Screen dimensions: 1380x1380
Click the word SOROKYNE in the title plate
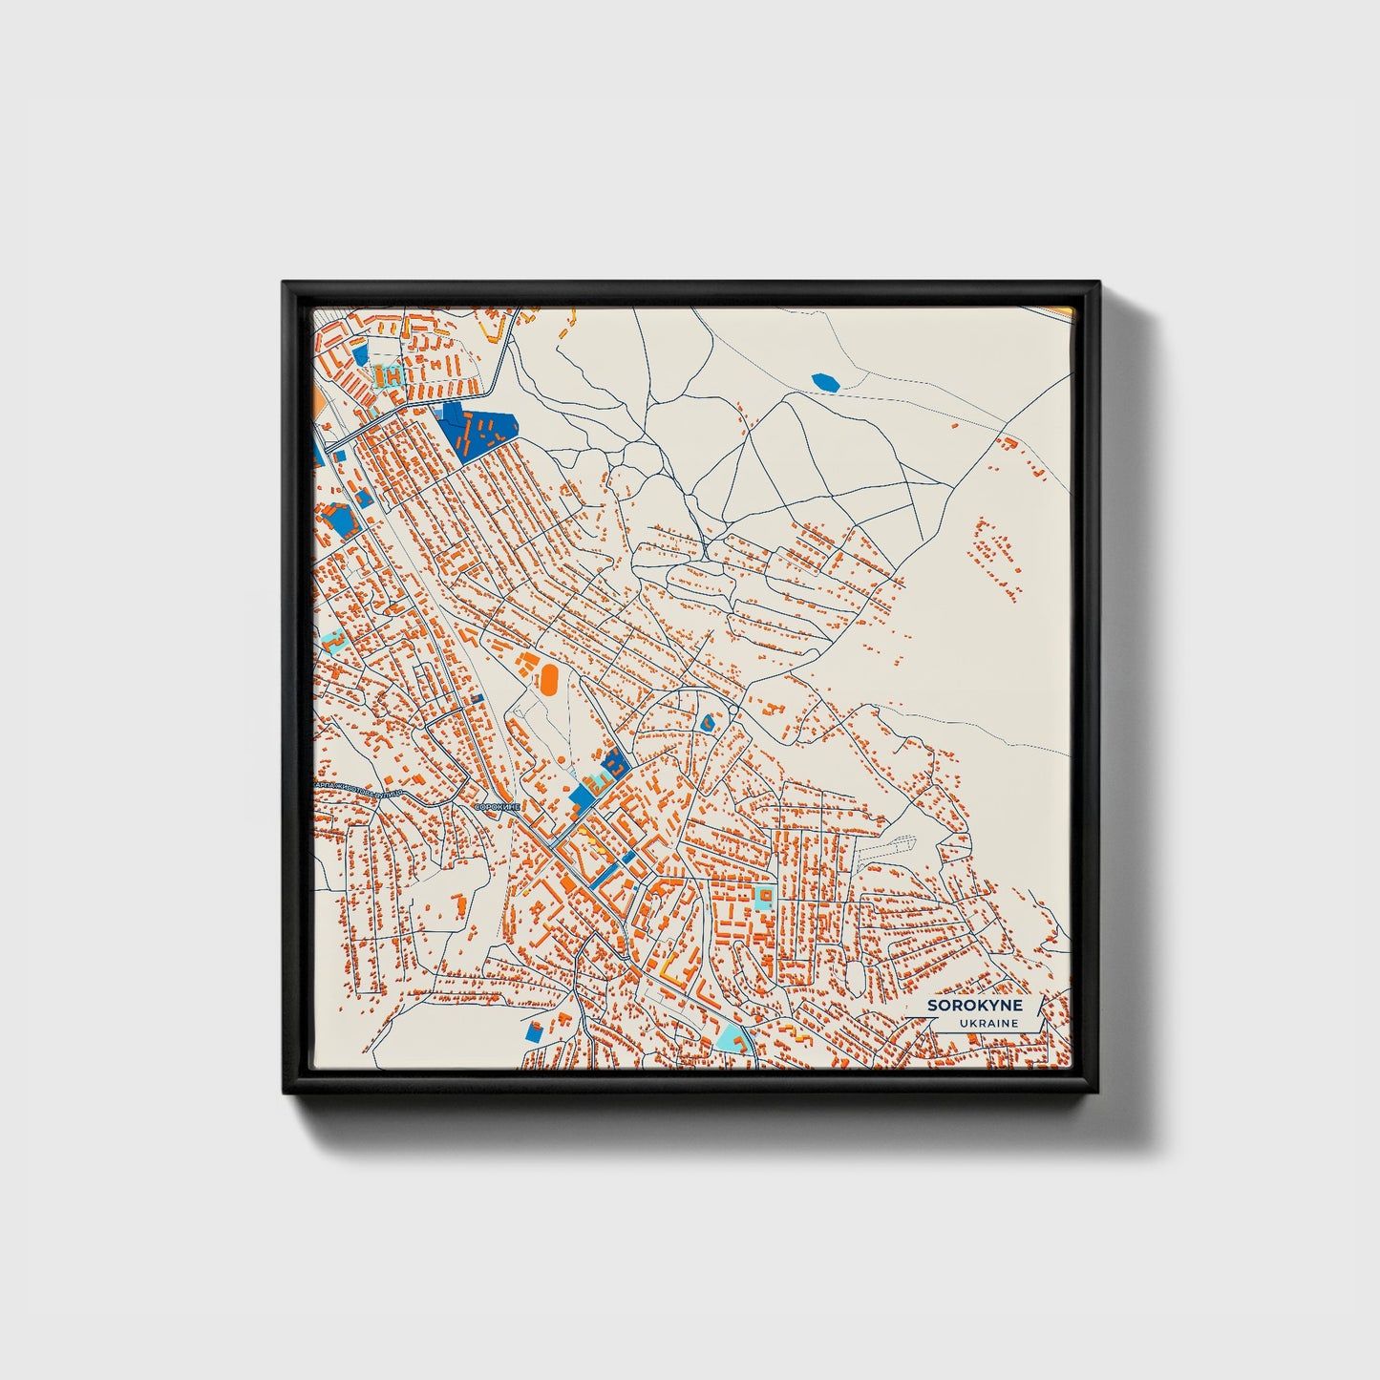point(974,1006)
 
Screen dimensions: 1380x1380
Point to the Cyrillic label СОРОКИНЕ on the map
point(498,807)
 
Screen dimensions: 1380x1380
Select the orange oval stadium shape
point(549,680)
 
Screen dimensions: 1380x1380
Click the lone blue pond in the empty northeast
point(825,382)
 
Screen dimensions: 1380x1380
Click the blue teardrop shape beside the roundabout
point(707,723)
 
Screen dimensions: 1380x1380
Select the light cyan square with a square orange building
point(763,896)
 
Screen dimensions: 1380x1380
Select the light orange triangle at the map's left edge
point(317,394)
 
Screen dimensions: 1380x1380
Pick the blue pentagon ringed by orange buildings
point(337,519)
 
